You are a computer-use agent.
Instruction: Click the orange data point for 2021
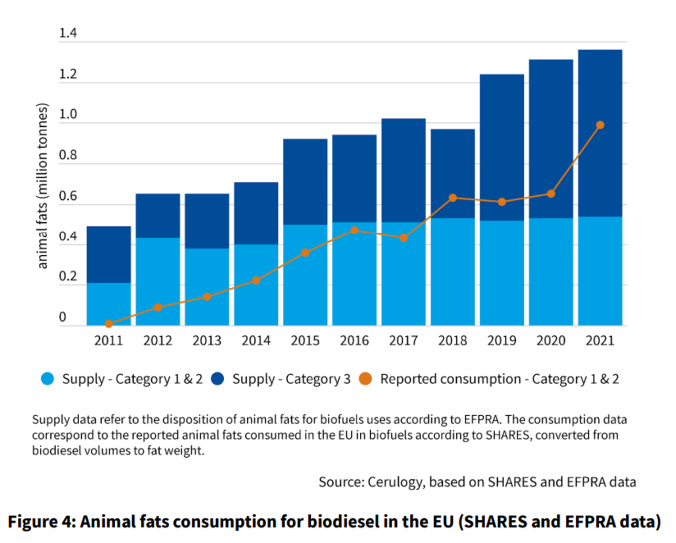coord(600,125)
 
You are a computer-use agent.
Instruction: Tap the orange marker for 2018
coord(453,198)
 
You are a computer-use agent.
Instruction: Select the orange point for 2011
coord(109,324)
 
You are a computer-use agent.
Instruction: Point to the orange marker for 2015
coord(305,253)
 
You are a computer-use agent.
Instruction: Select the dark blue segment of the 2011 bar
coord(109,255)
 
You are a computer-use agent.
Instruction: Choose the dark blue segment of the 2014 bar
coord(256,213)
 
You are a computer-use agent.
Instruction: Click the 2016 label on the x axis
coord(354,341)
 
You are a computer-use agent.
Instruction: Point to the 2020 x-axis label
coord(551,341)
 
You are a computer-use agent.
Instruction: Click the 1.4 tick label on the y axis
coord(68,33)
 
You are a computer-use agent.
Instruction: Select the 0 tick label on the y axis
coord(62,317)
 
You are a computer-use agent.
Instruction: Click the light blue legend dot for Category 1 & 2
coord(48,379)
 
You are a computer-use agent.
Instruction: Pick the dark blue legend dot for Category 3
coord(218,379)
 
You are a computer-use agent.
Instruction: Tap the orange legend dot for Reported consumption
coord(365,379)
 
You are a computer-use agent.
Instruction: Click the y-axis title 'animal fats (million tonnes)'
coord(43,185)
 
